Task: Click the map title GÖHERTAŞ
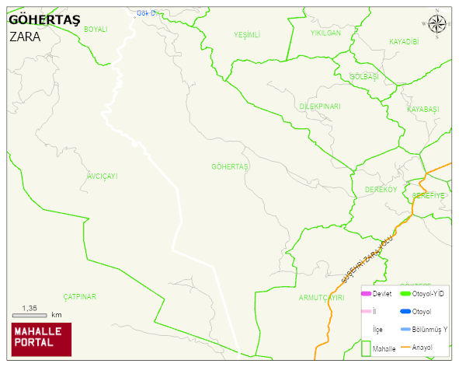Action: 43,20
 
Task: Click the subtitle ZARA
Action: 24,36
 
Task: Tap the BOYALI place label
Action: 96,29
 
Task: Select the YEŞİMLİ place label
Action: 247,35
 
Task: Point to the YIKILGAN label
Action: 325,33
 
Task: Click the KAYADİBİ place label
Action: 404,41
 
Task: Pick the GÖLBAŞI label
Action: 364,76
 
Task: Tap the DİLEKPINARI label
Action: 320,106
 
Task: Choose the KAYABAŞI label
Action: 423,110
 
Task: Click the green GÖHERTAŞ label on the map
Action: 230,167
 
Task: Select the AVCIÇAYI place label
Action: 103,177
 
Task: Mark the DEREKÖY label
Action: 381,190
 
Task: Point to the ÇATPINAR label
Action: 79,297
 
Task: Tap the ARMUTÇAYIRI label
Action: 321,298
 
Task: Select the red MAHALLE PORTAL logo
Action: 41,338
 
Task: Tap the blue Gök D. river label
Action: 146,13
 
